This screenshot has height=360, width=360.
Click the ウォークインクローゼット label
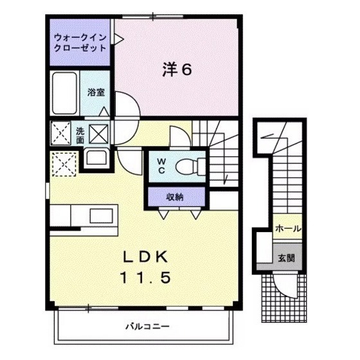(x=80, y=43)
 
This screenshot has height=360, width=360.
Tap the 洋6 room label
(x=175, y=70)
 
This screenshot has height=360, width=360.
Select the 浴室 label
(x=96, y=92)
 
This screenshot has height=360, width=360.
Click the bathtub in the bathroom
(x=65, y=92)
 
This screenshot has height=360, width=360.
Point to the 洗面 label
(x=80, y=134)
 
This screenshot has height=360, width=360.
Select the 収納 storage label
(x=175, y=197)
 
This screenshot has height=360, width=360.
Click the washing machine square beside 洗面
(x=100, y=134)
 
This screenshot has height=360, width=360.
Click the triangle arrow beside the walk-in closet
(x=118, y=39)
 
